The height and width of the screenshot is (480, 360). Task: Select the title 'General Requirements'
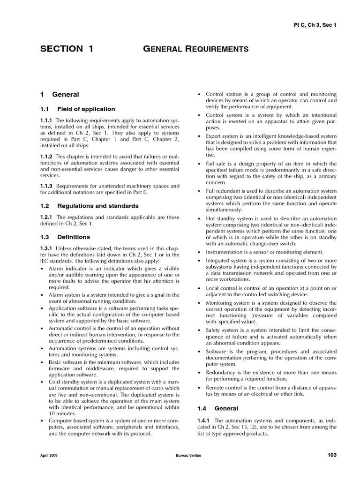[x=197, y=49]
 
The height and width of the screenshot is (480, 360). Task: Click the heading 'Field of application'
[x=86, y=109]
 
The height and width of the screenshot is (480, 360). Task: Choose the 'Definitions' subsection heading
[x=74, y=237]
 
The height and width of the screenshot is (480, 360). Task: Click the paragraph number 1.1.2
[x=47, y=156]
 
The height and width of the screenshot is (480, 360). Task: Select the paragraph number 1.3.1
[x=47, y=248]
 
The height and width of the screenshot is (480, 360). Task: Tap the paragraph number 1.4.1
[x=204, y=420]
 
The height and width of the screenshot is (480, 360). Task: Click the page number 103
[x=331, y=455]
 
